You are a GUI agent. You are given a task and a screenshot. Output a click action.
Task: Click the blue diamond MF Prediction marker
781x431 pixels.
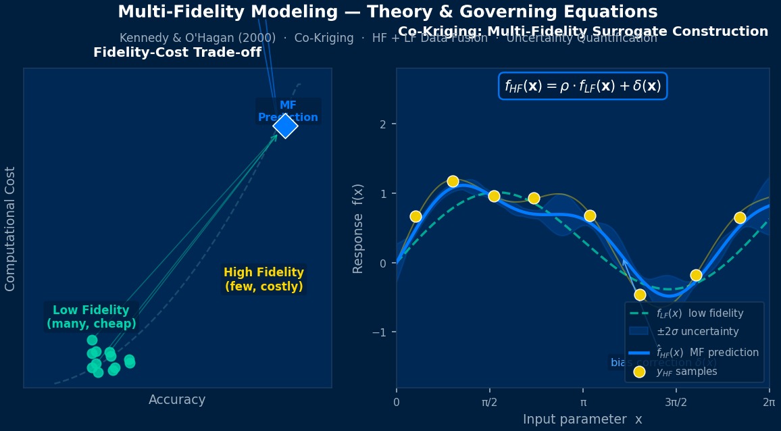pos(285,126)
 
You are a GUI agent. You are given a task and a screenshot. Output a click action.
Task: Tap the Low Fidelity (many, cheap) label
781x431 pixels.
pos(91,317)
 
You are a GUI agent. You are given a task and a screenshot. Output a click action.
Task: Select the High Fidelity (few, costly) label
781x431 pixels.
pos(263,280)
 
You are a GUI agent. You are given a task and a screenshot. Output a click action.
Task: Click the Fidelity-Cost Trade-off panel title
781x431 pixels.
pos(177,53)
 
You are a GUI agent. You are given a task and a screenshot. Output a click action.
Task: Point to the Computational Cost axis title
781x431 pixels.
pos(10,228)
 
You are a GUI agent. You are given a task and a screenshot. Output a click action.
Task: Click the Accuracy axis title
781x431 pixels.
pos(177,400)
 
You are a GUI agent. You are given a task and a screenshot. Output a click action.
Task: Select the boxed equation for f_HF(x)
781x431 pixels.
pos(582,86)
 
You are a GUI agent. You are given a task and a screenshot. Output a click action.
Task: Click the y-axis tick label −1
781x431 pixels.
pos(378,332)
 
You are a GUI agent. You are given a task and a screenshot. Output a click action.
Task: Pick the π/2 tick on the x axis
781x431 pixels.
pos(490,403)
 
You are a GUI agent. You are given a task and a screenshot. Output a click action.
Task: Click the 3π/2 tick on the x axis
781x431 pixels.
pos(676,403)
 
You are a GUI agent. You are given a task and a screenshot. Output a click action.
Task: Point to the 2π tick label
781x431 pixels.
pos(769,403)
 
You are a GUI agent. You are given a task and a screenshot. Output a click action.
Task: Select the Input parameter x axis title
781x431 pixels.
pos(582,420)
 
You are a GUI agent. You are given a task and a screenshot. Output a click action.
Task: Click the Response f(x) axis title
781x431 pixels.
pos(358,228)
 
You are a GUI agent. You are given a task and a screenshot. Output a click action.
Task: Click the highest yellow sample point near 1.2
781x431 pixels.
pos(453,181)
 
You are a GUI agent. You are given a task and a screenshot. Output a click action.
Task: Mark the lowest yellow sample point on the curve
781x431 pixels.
pos(640,295)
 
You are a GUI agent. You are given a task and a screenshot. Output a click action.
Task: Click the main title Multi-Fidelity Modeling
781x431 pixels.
pos(387,12)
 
